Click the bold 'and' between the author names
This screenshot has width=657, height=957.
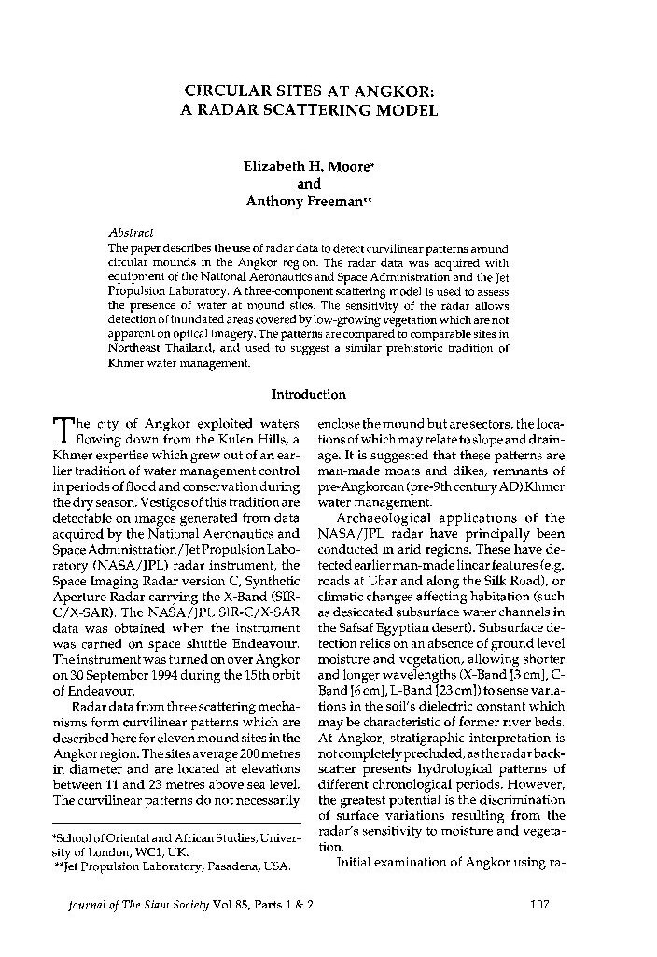coord(308,184)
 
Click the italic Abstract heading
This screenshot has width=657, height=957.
coord(132,233)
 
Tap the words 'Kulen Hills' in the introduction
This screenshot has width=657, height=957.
coord(259,439)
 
